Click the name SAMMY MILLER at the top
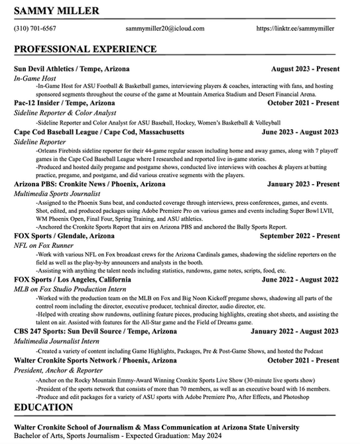(x=56, y=11)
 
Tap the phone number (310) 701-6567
(x=34, y=29)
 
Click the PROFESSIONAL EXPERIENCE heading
(x=85, y=49)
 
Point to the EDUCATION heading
(x=43, y=407)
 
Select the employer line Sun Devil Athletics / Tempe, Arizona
(x=72, y=69)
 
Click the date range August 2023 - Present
(x=304, y=69)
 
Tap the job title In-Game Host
(x=35, y=78)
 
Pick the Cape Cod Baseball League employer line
(x=99, y=132)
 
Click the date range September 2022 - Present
(x=300, y=236)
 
